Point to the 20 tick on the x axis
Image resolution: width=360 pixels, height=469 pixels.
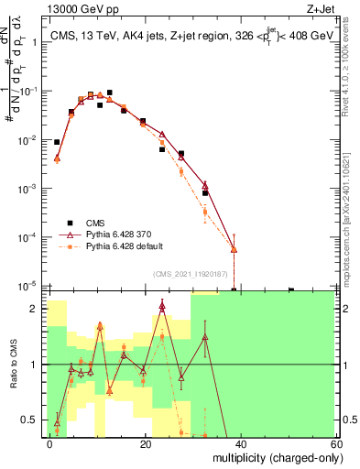pos(145,443)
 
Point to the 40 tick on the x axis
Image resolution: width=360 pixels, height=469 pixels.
pos(240,443)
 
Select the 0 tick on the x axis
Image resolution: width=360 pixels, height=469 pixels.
pos(50,443)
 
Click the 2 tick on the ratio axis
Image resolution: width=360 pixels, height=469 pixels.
pos(36,309)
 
